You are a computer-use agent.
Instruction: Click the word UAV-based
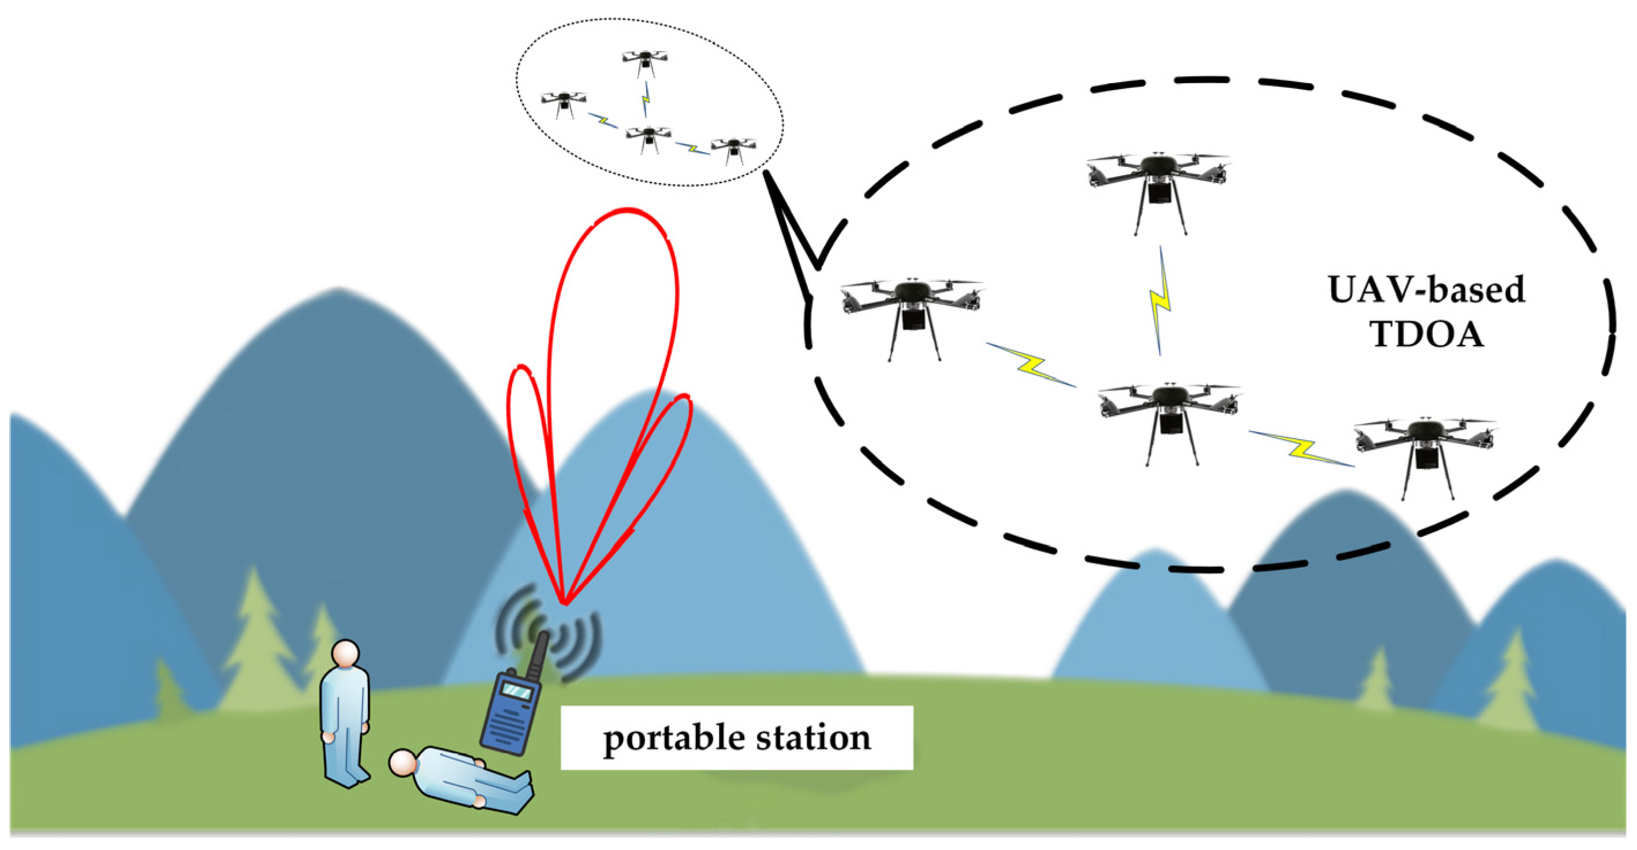[x=1426, y=290]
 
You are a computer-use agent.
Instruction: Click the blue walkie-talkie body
[x=508, y=718]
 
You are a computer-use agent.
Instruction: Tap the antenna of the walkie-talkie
[x=538, y=655]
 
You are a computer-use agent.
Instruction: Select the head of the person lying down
[x=402, y=763]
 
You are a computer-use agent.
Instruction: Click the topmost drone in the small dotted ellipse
[x=645, y=61]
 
